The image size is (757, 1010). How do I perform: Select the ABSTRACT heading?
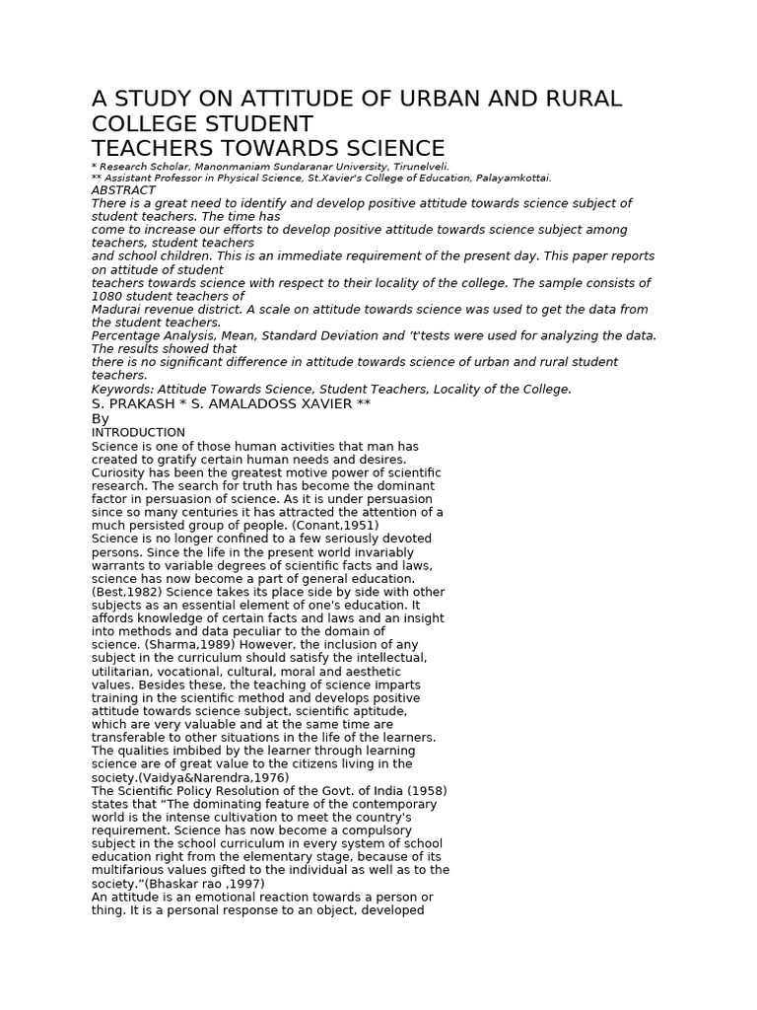pos(123,190)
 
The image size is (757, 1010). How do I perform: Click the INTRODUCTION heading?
pos(138,433)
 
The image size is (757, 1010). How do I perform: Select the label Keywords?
pos(122,390)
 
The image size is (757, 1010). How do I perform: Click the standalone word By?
pos(101,419)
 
